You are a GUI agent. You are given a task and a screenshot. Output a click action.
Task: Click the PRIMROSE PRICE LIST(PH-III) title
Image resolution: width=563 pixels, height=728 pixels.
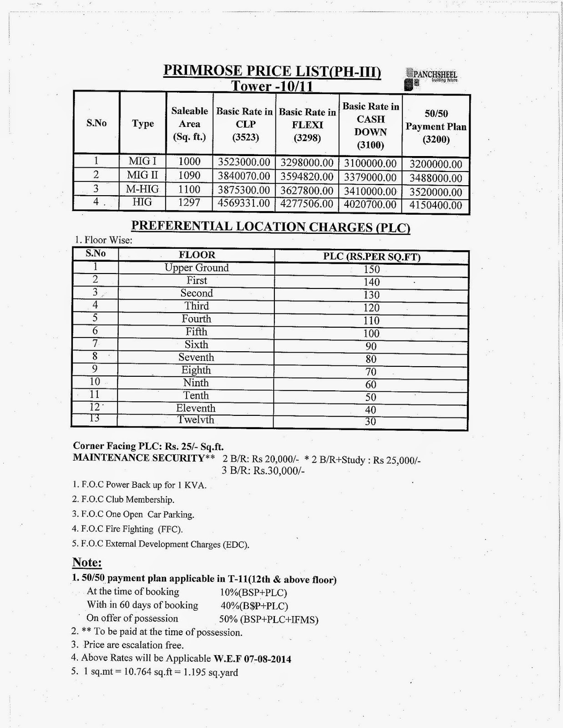(x=272, y=71)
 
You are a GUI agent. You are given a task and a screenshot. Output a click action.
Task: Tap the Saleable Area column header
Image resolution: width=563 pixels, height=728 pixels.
(x=189, y=124)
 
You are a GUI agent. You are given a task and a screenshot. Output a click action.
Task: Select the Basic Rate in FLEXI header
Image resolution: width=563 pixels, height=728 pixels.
(x=307, y=125)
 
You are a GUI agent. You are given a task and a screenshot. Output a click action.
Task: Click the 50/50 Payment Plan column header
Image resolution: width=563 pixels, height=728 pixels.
(x=436, y=126)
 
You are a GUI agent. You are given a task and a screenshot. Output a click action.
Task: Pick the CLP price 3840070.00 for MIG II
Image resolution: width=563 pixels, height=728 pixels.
(x=244, y=176)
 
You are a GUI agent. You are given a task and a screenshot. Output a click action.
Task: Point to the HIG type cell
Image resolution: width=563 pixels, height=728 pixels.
(x=142, y=202)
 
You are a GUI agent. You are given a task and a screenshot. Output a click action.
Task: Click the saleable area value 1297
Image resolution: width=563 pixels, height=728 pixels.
(x=189, y=202)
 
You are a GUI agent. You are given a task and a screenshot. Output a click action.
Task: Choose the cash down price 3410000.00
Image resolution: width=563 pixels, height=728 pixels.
(x=370, y=191)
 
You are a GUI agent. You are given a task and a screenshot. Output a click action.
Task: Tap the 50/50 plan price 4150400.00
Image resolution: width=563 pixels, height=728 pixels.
(x=436, y=205)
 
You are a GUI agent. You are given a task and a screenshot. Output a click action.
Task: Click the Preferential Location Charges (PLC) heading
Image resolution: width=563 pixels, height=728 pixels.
(x=271, y=227)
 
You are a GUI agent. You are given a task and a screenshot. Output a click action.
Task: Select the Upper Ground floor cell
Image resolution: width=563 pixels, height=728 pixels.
(x=197, y=268)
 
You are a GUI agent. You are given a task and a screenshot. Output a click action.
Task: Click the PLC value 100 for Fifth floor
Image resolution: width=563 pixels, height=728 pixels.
(x=371, y=334)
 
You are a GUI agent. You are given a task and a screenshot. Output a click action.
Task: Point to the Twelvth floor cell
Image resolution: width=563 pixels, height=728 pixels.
(x=196, y=420)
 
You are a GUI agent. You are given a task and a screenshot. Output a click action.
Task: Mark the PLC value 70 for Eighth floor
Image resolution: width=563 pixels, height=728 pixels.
(x=371, y=372)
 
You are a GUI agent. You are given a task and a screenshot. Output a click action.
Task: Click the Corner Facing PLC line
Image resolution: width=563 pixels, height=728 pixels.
(x=148, y=447)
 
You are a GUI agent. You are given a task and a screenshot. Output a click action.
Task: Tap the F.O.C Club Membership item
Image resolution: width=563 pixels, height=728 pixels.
(x=123, y=500)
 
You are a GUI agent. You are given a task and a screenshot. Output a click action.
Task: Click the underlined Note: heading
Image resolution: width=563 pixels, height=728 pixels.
(x=87, y=563)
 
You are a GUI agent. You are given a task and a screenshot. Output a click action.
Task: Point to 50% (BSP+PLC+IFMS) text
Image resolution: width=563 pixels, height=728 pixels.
(x=269, y=619)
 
